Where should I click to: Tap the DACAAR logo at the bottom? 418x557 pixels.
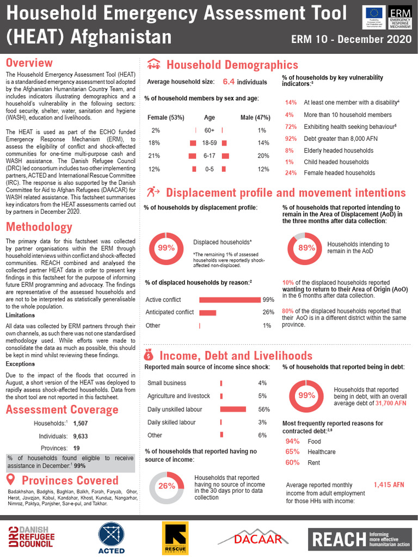pyautogui.click(x=251, y=538)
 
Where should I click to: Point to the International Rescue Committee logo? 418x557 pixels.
pyautogui.click(x=175, y=539)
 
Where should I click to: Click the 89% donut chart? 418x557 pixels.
pyautogui.click(x=307, y=247)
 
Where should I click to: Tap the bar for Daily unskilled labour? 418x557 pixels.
pyautogui.click(x=233, y=409)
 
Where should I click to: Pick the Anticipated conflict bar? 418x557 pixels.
pyautogui.click(x=208, y=312)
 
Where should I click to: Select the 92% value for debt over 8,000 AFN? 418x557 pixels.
pyautogui.click(x=291, y=138)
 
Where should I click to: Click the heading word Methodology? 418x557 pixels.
pyautogui.click(x=39, y=226)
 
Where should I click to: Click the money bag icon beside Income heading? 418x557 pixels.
pyautogui.click(x=150, y=355)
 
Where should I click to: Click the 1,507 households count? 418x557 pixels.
pyautogui.click(x=80, y=423)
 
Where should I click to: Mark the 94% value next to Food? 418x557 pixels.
pyautogui.click(x=292, y=441)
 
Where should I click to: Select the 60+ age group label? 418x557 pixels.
pyautogui.click(x=210, y=131)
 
